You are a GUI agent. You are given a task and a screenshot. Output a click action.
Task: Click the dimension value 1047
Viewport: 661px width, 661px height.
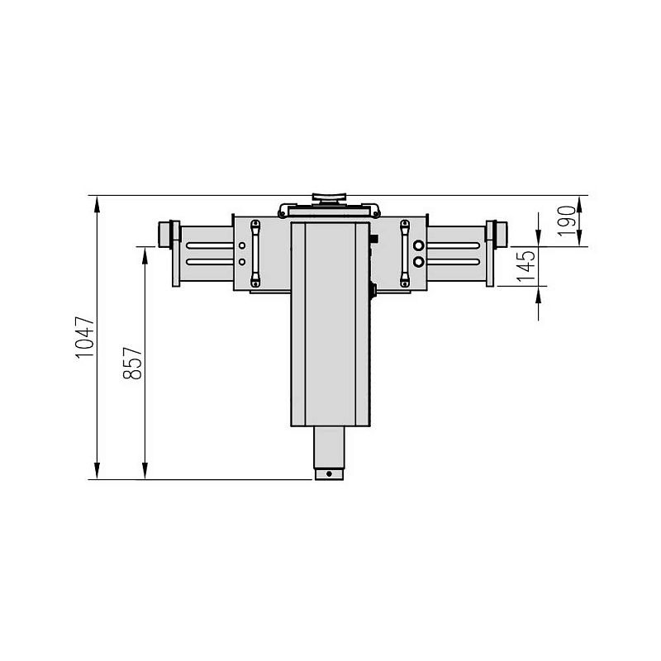click(x=85, y=337)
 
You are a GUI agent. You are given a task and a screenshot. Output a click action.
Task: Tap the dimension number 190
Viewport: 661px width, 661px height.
click(x=565, y=221)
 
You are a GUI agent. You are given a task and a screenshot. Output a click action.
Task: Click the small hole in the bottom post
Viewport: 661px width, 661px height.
click(x=329, y=474)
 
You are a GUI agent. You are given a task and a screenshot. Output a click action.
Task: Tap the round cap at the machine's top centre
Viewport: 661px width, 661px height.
click(x=329, y=198)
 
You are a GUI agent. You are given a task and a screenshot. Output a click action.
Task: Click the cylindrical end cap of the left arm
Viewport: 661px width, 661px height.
click(x=168, y=233)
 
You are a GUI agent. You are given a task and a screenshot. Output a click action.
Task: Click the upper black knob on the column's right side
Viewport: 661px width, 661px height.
click(x=373, y=239)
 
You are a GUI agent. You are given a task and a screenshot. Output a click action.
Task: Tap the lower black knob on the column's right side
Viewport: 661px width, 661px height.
click(x=373, y=289)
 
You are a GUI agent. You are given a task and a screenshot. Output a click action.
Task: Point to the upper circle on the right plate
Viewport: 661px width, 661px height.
click(x=419, y=245)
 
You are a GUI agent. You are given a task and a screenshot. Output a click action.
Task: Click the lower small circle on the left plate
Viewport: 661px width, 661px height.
click(x=241, y=262)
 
